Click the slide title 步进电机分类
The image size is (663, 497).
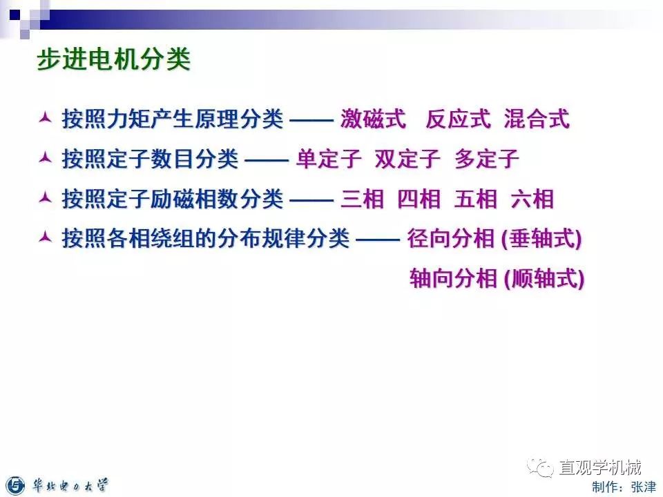click(x=113, y=60)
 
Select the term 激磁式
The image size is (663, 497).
click(x=372, y=119)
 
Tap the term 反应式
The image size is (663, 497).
click(x=458, y=119)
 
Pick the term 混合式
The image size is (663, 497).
click(x=537, y=119)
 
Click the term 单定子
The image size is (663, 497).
click(x=329, y=159)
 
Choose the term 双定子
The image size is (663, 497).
click(x=407, y=159)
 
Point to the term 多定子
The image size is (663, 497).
click(x=486, y=159)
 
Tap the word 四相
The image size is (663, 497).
click(x=419, y=199)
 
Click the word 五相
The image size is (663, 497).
click(x=475, y=199)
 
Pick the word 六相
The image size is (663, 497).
click(x=532, y=199)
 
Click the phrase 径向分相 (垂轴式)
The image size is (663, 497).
click(x=494, y=240)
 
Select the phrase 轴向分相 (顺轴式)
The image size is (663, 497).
click(x=497, y=279)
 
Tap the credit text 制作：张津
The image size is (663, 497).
click(x=624, y=487)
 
